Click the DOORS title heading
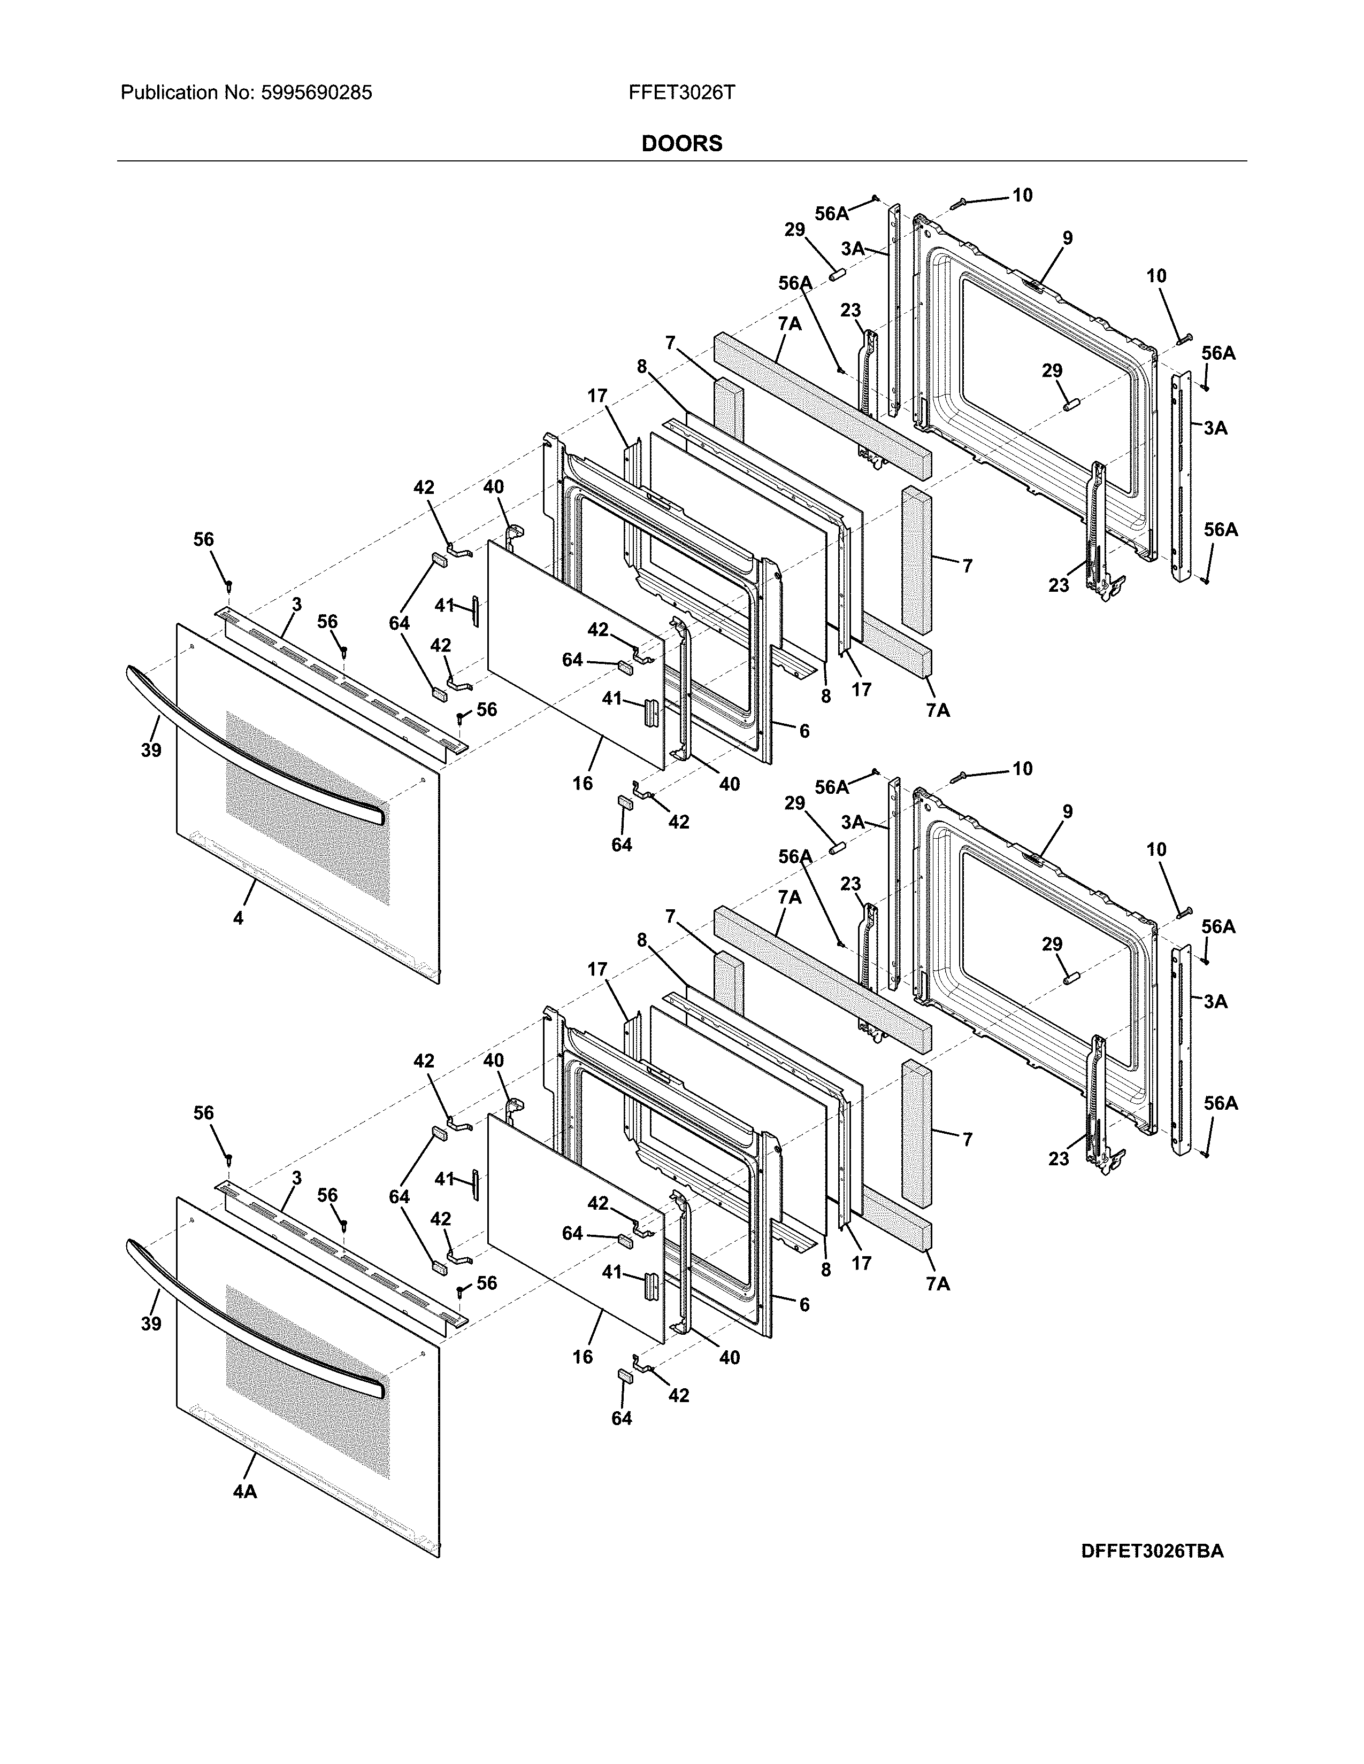[x=681, y=144]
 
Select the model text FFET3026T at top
[x=681, y=93]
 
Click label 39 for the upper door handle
[x=150, y=751]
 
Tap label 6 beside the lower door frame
[x=804, y=1304]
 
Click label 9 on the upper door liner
[x=1068, y=238]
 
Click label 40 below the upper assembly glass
[x=729, y=784]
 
